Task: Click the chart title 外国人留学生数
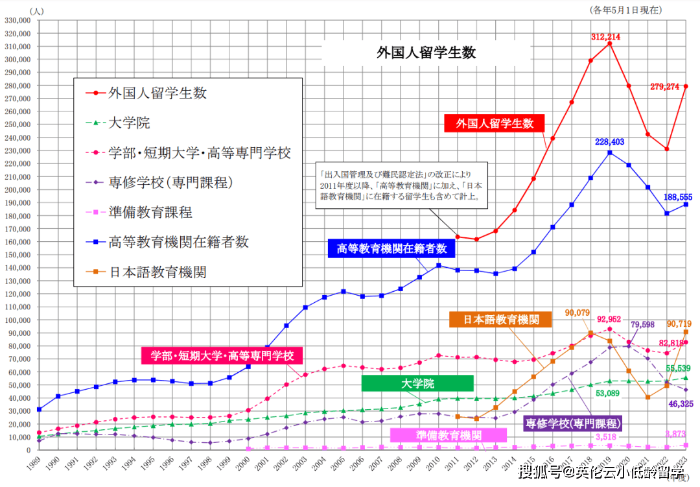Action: click(426, 53)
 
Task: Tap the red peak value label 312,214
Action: click(605, 37)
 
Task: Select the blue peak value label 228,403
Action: click(609, 141)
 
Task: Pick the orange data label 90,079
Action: click(577, 313)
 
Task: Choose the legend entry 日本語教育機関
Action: click(157, 272)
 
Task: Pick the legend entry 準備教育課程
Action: click(150, 213)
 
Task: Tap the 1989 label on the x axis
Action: click(35, 465)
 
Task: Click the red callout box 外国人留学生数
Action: click(494, 123)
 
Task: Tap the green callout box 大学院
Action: click(417, 384)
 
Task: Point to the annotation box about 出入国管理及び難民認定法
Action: click(402, 185)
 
